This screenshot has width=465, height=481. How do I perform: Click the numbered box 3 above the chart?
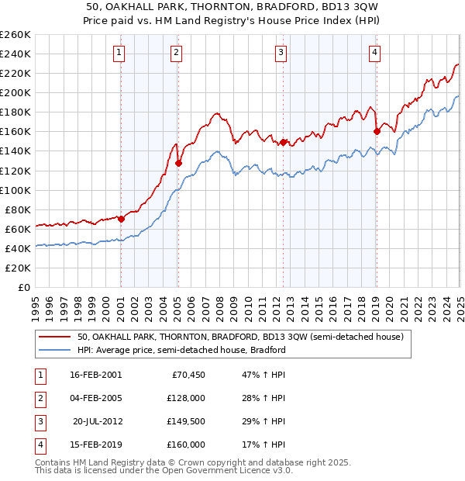click(281, 53)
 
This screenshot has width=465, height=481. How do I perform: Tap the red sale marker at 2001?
click(121, 219)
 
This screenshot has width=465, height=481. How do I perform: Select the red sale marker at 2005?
click(177, 163)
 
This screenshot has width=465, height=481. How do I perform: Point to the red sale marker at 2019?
click(377, 131)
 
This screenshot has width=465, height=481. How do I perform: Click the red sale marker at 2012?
click(284, 142)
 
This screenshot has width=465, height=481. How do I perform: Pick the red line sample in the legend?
click(54, 337)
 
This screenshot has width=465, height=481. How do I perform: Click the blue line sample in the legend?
click(54, 350)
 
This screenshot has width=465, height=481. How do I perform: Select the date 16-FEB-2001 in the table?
click(95, 375)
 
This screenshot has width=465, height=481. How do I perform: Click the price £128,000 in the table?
click(184, 398)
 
